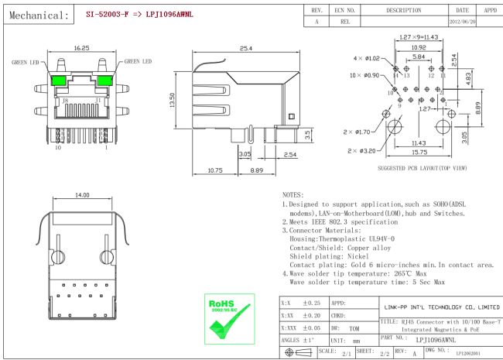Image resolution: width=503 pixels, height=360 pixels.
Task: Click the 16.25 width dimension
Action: point(80,48)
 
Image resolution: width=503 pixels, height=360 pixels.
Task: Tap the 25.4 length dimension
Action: point(246,48)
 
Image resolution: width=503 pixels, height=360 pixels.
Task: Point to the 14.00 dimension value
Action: point(82,197)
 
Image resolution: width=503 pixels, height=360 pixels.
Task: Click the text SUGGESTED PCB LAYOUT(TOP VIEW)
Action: point(422,168)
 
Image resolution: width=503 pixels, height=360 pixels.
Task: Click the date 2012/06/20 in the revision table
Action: point(464,22)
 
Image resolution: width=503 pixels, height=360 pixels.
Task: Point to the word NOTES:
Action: point(293,195)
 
